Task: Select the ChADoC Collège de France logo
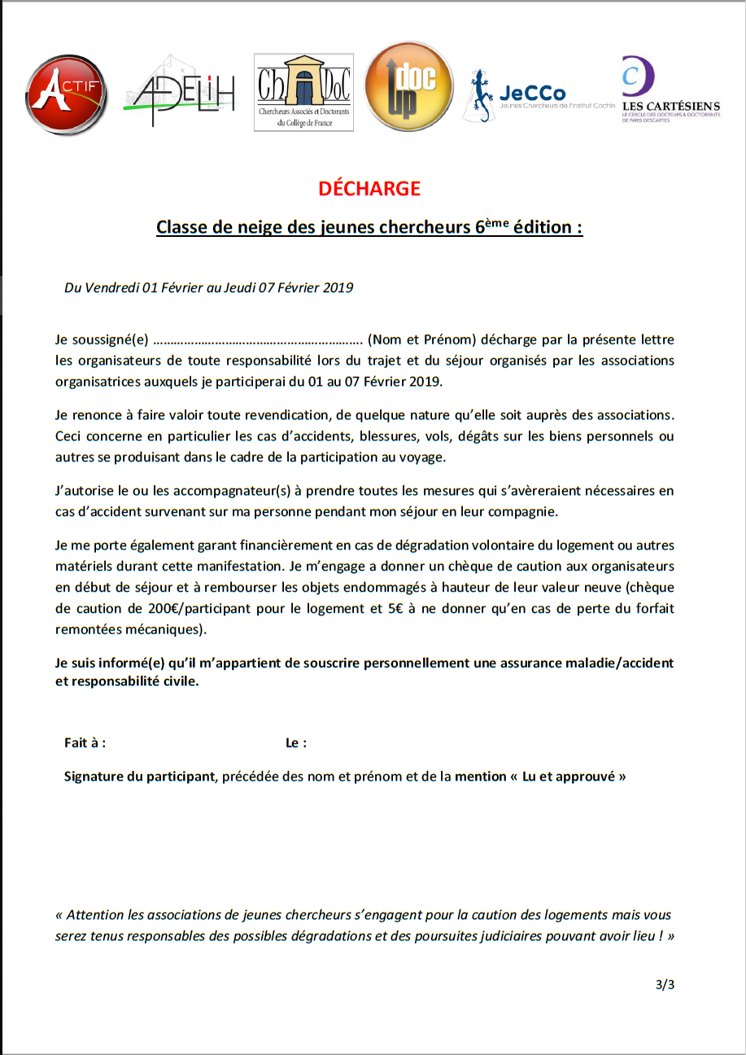[303, 92]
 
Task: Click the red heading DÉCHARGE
[369, 189]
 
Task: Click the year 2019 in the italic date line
[338, 287]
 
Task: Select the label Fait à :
[85, 742]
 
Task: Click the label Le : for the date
[296, 742]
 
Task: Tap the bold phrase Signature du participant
[139, 777]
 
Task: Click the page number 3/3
[665, 985]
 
